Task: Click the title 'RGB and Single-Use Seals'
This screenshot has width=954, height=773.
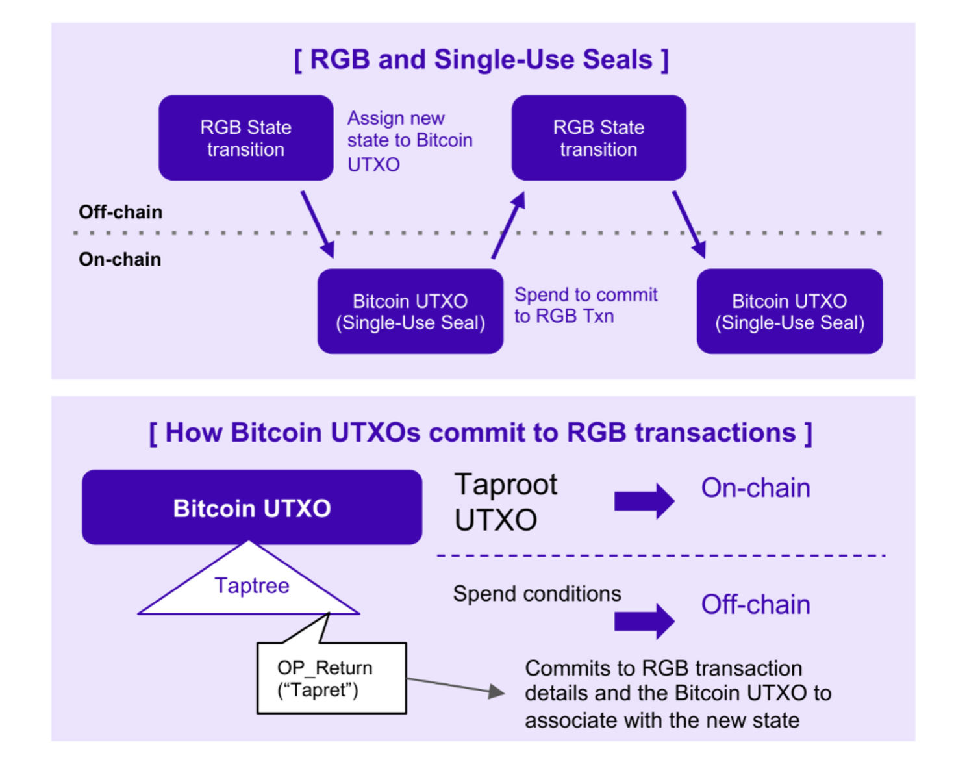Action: (x=481, y=60)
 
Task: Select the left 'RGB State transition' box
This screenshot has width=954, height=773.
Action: (x=245, y=138)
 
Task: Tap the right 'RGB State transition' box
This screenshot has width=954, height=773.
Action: (x=598, y=138)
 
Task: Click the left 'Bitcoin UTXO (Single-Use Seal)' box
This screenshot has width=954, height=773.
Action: (x=410, y=312)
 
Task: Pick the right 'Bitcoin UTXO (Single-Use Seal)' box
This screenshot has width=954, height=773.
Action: (x=789, y=312)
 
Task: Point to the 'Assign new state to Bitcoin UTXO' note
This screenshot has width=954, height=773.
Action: (x=409, y=141)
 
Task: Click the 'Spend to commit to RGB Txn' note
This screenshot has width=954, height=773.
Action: (x=585, y=305)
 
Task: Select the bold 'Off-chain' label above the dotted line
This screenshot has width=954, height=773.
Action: (x=120, y=212)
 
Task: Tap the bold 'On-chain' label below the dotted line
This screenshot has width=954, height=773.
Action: (x=119, y=259)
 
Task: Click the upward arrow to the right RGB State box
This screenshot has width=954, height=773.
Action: (x=508, y=225)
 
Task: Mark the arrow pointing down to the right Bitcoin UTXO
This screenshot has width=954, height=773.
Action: (x=689, y=225)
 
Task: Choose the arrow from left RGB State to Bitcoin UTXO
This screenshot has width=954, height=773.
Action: (x=318, y=225)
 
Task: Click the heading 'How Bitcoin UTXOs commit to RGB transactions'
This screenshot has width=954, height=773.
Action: (x=481, y=433)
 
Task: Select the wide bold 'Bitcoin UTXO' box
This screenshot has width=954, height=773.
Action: (x=251, y=507)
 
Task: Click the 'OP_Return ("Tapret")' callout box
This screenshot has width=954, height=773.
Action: (x=331, y=678)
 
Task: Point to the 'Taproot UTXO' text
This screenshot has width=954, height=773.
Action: (x=505, y=501)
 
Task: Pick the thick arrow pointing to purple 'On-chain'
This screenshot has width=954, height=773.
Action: (x=644, y=501)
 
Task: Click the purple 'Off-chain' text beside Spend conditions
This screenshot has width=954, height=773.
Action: (x=755, y=605)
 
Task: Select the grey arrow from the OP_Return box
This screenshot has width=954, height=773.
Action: (x=455, y=686)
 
